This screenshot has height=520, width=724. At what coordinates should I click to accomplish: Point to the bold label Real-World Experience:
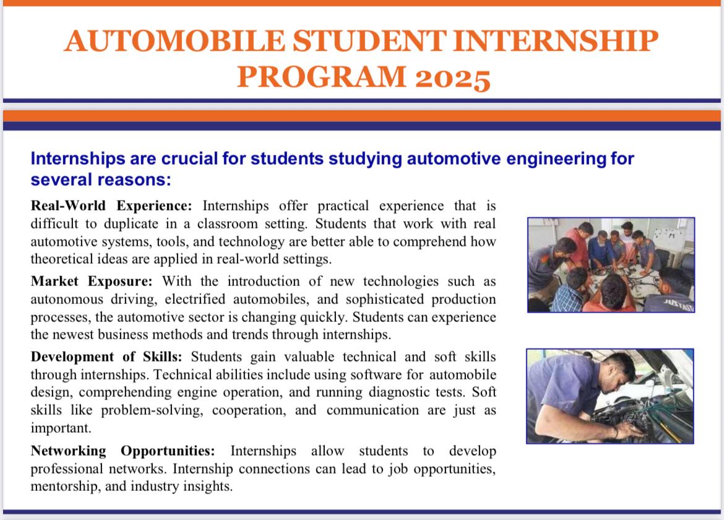(112, 206)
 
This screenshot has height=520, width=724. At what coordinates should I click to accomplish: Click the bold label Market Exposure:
(92, 282)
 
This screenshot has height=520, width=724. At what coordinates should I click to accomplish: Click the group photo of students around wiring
(611, 264)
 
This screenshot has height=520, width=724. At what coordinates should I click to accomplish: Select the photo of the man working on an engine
(610, 396)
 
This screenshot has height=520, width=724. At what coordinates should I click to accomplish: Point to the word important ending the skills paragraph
(60, 428)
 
